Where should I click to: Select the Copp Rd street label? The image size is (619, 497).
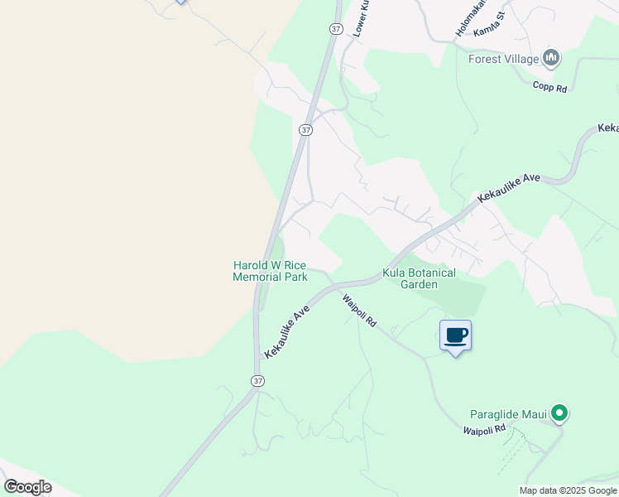point(549,86)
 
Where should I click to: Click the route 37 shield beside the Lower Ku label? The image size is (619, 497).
point(335,28)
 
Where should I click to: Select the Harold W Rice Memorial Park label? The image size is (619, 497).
point(270,271)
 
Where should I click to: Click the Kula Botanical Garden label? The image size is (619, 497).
point(419,278)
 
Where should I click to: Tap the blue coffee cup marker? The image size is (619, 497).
point(455,335)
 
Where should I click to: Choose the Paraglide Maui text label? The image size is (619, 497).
point(509,413)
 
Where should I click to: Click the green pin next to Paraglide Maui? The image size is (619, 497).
point(559,412)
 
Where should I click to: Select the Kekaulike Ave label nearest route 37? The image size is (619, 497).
point(287,330)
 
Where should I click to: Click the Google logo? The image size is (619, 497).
point(27,487)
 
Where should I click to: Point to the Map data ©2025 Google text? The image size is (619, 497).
point(569,490)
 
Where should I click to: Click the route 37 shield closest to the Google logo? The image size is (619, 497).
point(258,380)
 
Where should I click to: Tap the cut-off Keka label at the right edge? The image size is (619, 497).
point(607,128)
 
